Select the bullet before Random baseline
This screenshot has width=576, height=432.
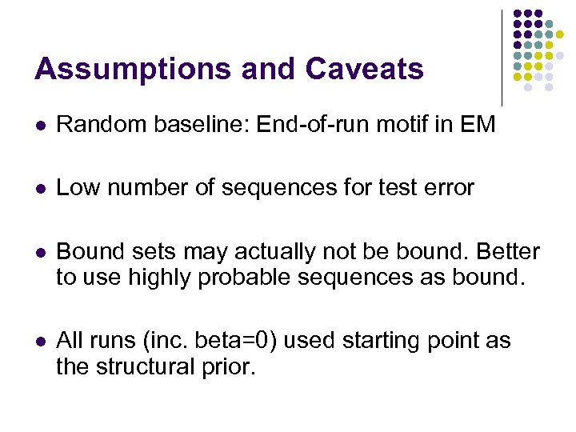39,125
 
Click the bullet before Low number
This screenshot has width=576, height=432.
39,190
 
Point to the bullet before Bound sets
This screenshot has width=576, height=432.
39,254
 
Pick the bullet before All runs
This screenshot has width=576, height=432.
39,342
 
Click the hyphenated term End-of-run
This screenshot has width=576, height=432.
308,124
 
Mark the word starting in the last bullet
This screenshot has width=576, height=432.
383,342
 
